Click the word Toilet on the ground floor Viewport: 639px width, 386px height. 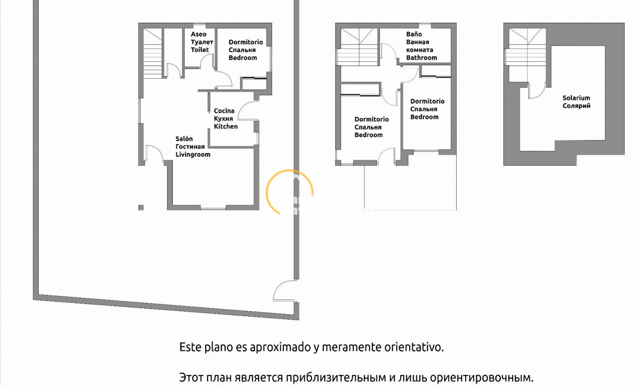200,50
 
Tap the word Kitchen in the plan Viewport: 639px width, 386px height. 226,127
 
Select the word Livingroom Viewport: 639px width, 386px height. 193,154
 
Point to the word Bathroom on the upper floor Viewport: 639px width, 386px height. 422,58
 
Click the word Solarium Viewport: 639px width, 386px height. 576,98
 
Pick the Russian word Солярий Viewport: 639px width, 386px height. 576,106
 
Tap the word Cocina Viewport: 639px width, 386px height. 224,111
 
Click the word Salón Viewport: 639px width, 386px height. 184,139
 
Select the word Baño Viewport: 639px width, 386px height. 414,35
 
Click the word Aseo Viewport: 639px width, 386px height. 199,35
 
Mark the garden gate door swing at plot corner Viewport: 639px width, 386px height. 283,291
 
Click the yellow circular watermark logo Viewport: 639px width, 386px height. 290,192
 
